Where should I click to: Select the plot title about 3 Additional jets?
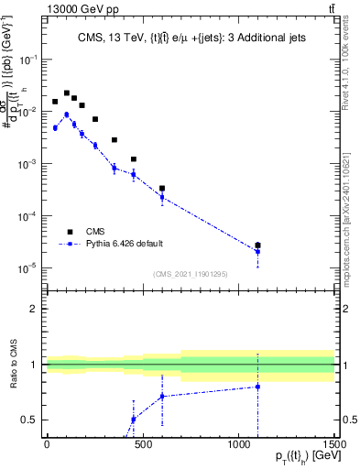[x=191, y=38]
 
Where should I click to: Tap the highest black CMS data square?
[x=66, y=93]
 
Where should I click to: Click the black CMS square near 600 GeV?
[x=162, y=189]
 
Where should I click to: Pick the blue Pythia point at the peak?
[x=66, y=115]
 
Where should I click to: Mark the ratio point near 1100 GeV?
[x=257, y=387]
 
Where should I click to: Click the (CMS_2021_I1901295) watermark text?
[x=191, y=274]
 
